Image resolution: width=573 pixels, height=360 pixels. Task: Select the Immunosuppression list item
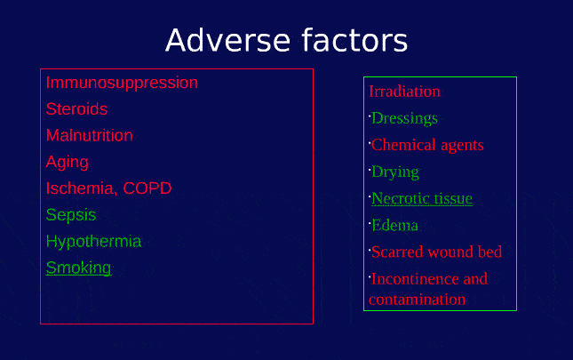click(x=122, y=83)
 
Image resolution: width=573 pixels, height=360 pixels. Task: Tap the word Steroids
click(x=76, y=109)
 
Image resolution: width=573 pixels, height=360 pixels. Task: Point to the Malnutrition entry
click(x=89, y=136)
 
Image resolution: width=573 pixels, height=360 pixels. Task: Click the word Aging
click(x=68, y=163)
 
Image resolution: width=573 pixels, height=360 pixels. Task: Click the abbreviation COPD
click(x=147, y=188)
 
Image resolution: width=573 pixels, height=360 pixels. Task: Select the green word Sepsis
click(x=71, y=215)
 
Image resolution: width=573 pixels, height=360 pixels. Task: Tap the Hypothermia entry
click(x=93, y=242)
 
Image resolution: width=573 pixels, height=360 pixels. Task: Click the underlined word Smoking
click(x=79, y=268)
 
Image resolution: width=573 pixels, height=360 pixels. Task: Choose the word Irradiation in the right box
click(x=404, y=92)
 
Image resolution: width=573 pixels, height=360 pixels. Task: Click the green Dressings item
click(x=404, y=118)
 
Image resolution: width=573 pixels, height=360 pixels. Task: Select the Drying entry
click(x=394, y=172)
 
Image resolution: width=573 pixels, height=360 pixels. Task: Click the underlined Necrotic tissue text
click(x=422, y=198)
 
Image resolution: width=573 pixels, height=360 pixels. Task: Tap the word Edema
click(x=394, y=225)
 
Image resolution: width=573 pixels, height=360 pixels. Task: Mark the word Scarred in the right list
click(x=399, y=252)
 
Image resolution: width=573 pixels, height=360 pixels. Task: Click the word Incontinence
click(x=415, y=278)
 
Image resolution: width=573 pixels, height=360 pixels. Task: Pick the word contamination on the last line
click(x=417, y=300)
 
